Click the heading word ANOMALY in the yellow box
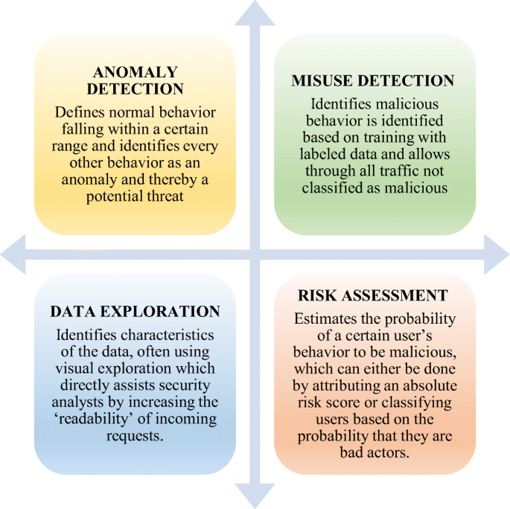(x=135, y=72)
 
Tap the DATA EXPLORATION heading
(x=136, y=311)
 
